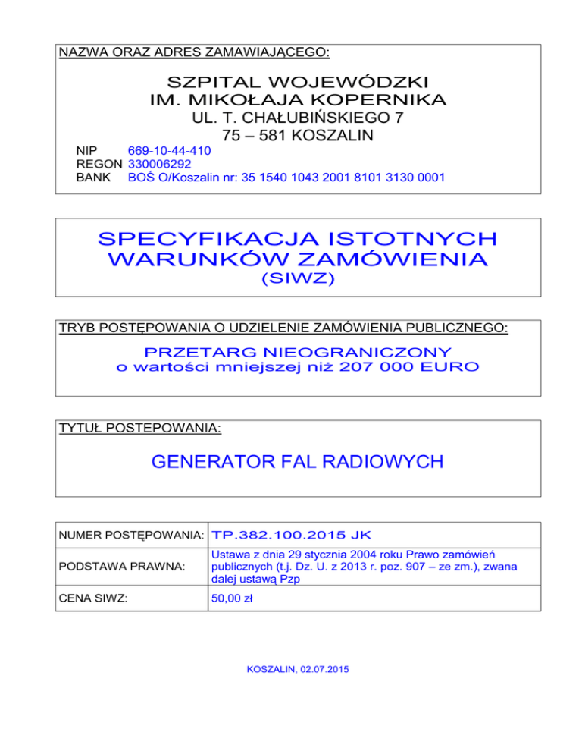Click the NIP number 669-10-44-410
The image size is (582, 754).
tap(170, 151)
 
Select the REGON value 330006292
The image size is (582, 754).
tap(160, 164)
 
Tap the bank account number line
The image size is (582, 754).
tap(286, 178)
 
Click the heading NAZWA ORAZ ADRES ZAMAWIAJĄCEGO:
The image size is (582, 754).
tap(194, 52)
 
